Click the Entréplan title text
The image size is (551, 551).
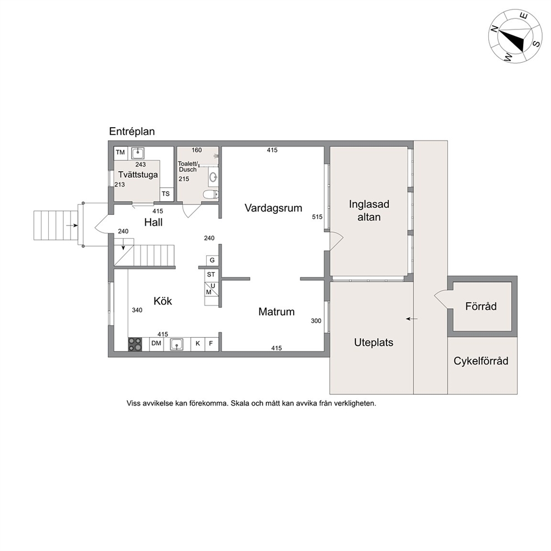point(132,132)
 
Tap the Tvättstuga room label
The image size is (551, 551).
point(138,174)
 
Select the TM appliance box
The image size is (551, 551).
point(120,153)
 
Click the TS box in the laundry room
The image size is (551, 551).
point(166,194)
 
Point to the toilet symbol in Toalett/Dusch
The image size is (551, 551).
point(212,194)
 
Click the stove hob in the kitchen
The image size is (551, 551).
point(135,344)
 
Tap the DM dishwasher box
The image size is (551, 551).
point(157,344)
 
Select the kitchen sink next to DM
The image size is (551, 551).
point(177,344)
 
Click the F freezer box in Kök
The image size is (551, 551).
point(211,344)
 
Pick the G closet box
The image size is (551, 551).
point(212,261)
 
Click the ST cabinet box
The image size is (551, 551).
point(211,274)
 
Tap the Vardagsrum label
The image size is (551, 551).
point(273,208)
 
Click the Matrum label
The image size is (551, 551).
point(277,312)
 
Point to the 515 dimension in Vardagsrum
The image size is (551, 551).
point(317,217)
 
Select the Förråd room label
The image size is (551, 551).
point(481,307)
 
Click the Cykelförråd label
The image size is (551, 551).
point(481,361)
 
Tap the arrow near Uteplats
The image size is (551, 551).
point(412,319)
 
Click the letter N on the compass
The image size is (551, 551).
point(494,29)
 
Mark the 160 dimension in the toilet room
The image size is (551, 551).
point(197,151)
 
